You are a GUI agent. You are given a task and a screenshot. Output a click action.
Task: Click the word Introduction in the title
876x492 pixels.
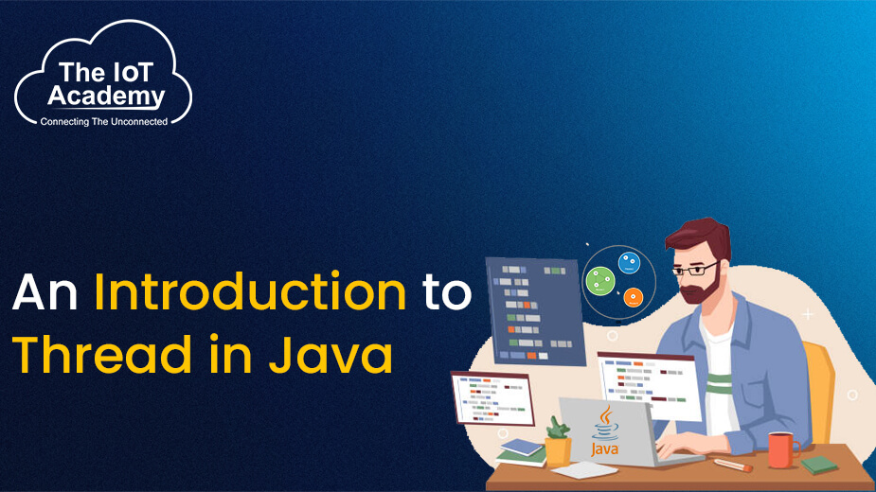click(250, 291)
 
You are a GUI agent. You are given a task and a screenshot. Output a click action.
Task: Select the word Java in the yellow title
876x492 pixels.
click(331, 354)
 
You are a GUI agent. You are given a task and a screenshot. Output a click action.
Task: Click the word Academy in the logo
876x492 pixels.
click(106, 97)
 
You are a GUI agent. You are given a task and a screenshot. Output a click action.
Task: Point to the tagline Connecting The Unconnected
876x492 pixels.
click(104, 121)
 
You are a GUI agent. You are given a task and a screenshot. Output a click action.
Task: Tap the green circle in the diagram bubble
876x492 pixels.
click(600, 281)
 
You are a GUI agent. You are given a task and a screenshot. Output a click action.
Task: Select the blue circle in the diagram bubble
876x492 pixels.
click(629, 263)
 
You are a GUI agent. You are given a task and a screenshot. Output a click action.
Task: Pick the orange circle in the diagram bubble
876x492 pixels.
click(633, 297)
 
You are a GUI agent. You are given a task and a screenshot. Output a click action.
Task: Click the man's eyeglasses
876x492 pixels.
click(695, 270)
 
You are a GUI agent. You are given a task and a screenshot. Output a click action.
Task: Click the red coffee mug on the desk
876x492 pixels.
click(782, 449)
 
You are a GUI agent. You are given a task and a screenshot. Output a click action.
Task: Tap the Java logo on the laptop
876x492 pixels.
click(605, 431)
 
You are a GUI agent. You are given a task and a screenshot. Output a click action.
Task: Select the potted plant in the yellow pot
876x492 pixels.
click(558, 442)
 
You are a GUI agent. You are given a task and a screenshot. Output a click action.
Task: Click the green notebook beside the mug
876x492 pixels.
click(819, 465)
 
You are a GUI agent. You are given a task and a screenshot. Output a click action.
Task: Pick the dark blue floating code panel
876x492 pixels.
click(535, 310)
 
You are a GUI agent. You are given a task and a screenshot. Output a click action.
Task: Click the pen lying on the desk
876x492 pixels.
click(733, 465)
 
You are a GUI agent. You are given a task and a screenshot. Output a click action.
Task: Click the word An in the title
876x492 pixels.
click(45, 292)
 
